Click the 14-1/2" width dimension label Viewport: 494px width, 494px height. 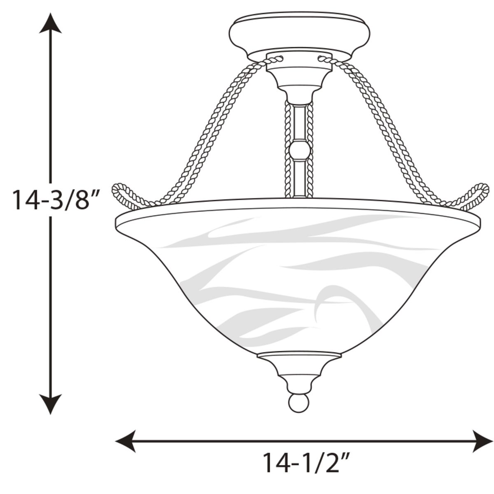click(305, 464)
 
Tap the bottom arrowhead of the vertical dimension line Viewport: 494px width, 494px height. click(50, 404)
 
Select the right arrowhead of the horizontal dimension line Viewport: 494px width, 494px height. click(482, 441)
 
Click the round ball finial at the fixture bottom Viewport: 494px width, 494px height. click(298, 403)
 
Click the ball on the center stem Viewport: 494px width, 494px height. click(299, 150)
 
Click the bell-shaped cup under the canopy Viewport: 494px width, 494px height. click(299, 77)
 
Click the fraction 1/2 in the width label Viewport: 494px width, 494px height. click(323, 464)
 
